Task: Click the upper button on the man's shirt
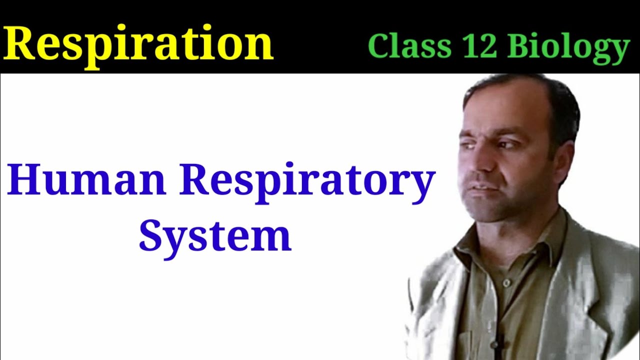click(505, 283)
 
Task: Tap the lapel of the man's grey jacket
click(590, 280)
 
